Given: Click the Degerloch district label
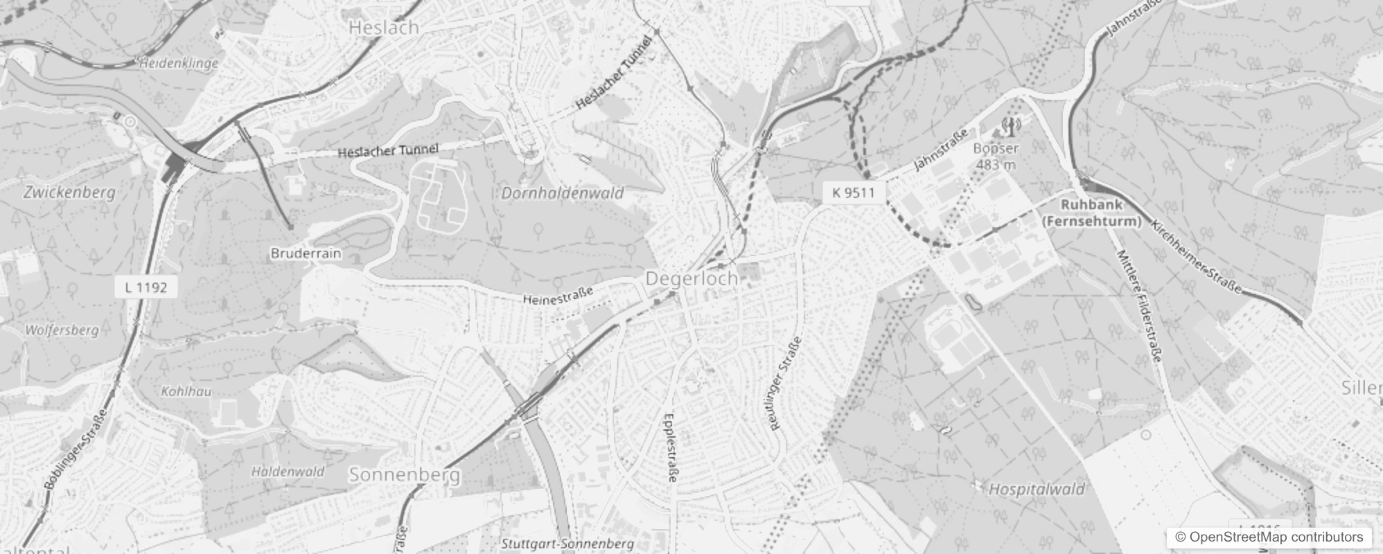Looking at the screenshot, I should point(691,278).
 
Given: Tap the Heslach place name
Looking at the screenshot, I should point(384,28).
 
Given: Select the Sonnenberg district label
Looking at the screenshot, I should point(405,475).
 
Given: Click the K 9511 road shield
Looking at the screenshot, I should point(854,193).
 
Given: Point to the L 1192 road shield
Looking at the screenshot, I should point(146,287).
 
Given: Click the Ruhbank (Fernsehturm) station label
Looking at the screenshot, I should point(1091,213).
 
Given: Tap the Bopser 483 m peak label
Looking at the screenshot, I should point(996,157).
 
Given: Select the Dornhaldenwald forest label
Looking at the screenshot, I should point(562,193).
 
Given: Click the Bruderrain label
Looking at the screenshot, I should point(306,253).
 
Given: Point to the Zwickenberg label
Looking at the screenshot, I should point(69,193).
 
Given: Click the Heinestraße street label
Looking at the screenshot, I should point(558,296).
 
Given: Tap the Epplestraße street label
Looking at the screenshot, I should point(670,447).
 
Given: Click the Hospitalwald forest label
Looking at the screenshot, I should point(1036,490).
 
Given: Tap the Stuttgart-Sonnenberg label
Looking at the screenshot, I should point(567,544).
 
